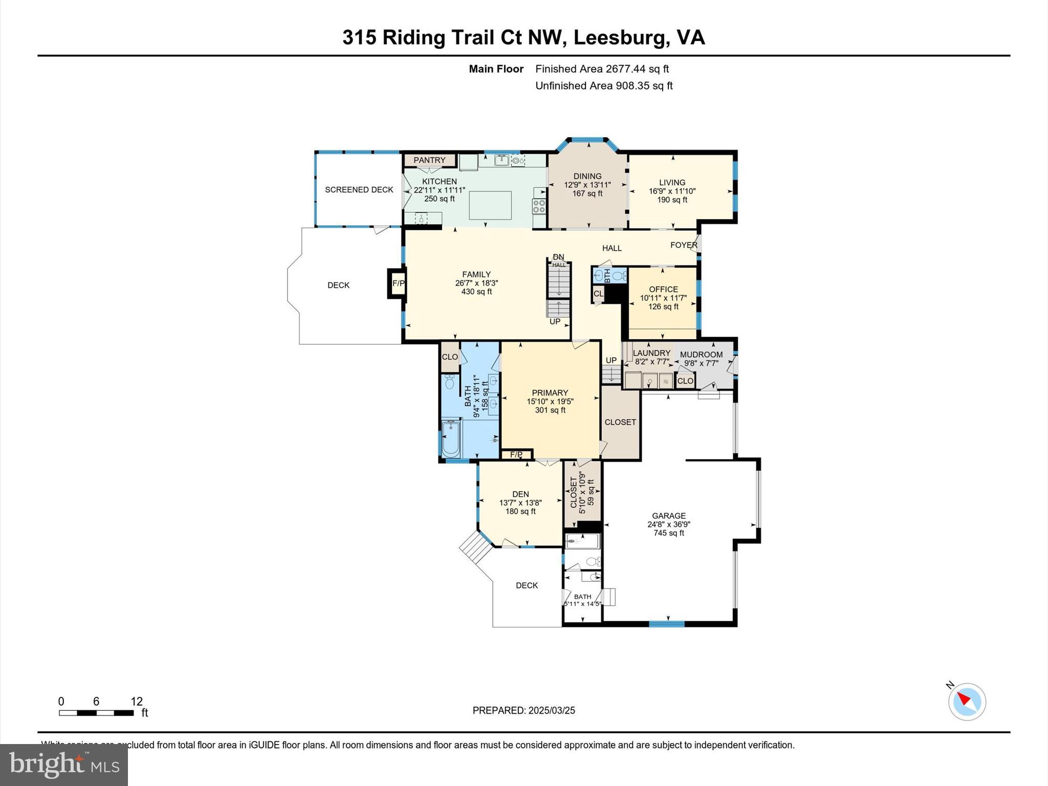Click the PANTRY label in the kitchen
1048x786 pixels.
[x=429, y=160]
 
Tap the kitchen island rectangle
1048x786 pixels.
[x=490, y=205]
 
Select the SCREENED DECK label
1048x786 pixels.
[x=359, y=190]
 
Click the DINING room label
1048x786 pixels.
[x=587, y=176]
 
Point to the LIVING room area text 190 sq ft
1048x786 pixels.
[x=672, y=200]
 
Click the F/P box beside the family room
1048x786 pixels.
[x=398, y=283]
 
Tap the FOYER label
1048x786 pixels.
[x=684, y=245]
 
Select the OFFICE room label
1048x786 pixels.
[x=663, y=289]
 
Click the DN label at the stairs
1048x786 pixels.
[x=558, y=257]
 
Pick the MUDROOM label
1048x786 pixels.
[x=701, y=354]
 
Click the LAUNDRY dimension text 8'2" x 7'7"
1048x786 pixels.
[x=652, y=362]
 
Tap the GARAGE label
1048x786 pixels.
[x=668, y=516]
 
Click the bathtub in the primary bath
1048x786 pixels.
[x=451, y=439]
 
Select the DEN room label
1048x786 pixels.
[x=520, y=494]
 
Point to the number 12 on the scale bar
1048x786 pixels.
[x=137, y=701]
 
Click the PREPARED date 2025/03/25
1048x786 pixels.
[x=552, y=710]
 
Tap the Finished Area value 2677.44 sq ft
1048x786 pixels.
[x=637, y=69]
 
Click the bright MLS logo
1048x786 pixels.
[x=64, y=765]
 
